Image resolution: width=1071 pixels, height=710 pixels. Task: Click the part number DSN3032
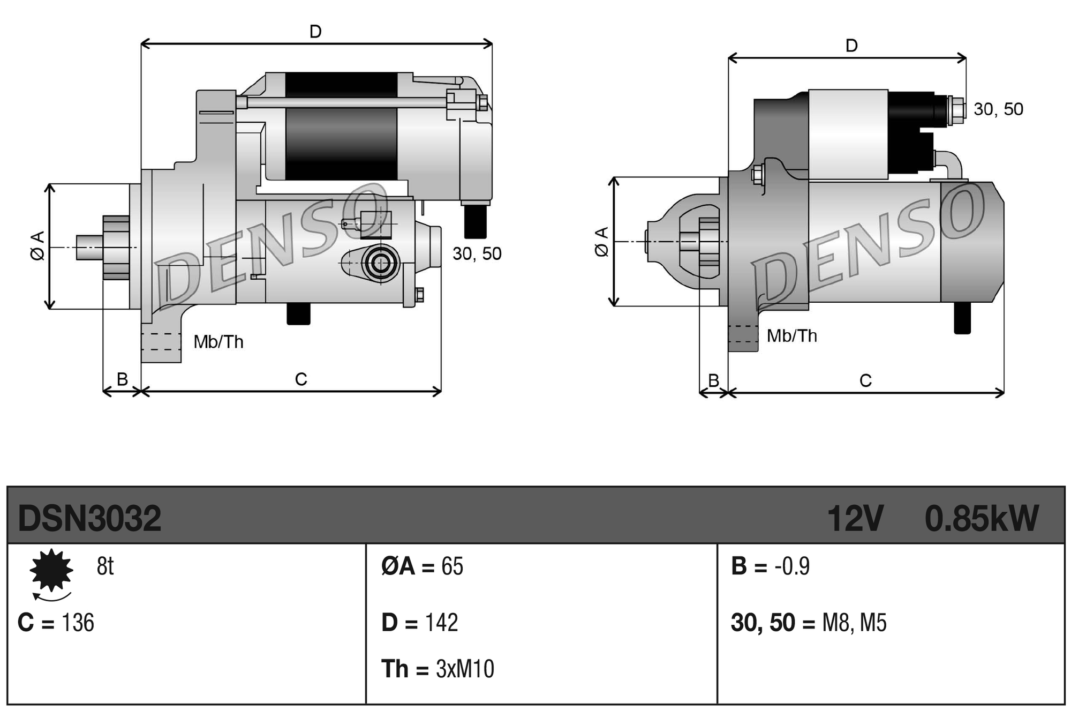(89, 518)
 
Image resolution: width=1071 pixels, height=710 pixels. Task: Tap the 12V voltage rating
(855, 518)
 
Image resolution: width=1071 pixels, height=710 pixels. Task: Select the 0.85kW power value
(982, 518)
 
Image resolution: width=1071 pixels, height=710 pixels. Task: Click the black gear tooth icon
(51, 570)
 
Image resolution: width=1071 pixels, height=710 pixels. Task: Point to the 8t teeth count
(105, 566)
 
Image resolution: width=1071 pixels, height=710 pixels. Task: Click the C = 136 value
(56, 623)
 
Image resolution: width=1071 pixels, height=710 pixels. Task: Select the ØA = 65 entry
(422, 566)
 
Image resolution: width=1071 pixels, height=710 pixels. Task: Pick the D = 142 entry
(419, 623)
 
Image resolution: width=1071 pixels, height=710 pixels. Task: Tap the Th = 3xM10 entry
(437, 669)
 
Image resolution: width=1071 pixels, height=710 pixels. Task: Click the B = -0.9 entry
(770, 566)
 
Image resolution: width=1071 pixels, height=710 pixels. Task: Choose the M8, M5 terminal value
(854, 623)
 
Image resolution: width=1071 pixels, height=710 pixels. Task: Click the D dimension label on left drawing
(315, 32)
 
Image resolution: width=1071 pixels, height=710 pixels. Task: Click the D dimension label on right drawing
(851, 46)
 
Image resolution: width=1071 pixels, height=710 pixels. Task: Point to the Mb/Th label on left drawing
(218, 342)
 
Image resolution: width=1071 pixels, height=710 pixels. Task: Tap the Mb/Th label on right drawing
(791, 336)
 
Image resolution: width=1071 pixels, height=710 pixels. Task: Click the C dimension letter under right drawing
(865, 380)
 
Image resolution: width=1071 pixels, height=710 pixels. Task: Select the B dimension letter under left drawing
(122, 379)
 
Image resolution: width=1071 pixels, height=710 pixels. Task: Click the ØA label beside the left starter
(37, 246)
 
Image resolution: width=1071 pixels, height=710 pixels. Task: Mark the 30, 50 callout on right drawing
(998, 109)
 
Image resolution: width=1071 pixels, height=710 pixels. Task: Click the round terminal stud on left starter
(381, 263)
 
